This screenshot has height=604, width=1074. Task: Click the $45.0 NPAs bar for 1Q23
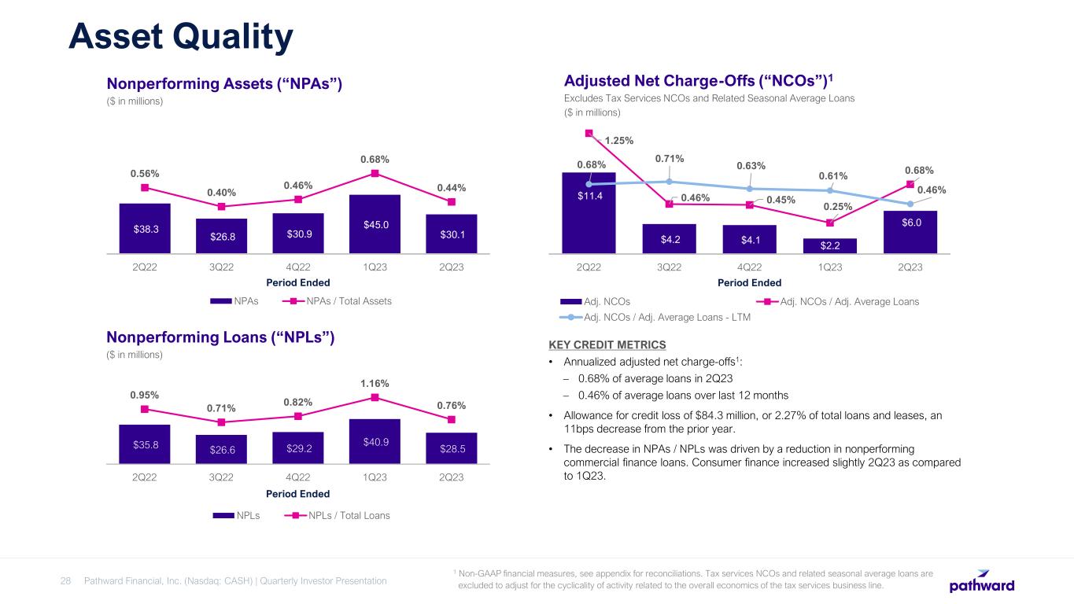[375, 224]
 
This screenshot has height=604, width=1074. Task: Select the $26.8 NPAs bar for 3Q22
[222, 236]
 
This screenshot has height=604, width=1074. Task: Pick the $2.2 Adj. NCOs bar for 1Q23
[829, 245]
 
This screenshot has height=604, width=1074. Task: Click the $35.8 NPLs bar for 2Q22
[146, 444]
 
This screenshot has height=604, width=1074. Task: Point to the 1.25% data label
[619, 140]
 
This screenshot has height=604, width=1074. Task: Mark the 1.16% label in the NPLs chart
[375, 383]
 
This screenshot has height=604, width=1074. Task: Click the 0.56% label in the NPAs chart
[145, 173]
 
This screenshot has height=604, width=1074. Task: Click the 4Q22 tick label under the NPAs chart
[298, 267]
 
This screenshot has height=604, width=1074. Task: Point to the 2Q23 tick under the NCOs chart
[910, 267]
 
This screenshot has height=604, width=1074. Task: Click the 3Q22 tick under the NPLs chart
[221, 477]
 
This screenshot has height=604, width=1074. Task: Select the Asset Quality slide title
[180, 37]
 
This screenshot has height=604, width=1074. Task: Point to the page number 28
[66, 581]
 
